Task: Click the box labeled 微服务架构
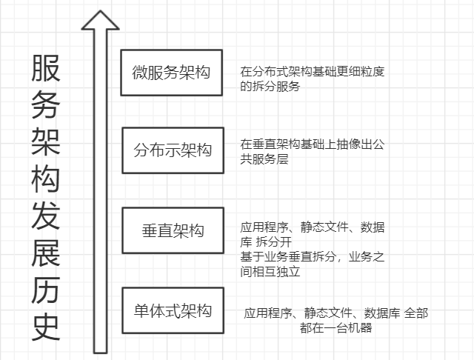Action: coord(172,73)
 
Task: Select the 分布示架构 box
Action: coord(173,150)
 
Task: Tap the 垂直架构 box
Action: coord(173,230)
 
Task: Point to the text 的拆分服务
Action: coord(270,87)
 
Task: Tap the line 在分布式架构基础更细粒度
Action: coord(313,73)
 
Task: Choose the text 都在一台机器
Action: coord(336,327)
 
